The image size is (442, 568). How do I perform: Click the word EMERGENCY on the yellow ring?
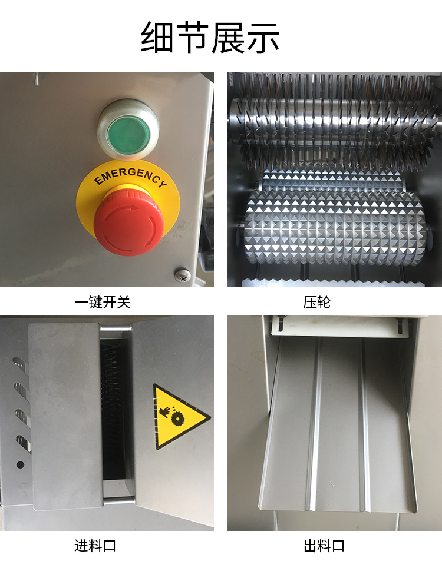pos(130,176)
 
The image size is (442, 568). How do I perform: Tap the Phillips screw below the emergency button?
pos(182,274)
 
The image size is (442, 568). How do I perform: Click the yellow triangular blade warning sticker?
pos(177,417)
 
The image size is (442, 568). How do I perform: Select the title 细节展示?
pos(210,37)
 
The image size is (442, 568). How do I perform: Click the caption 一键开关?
pos(103,302)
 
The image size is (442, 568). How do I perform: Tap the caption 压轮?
pos(317,302)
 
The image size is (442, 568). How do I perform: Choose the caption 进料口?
pos(95,546)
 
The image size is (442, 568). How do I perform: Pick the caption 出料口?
pos(324,546)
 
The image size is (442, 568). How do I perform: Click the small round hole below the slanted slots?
pos(20,464)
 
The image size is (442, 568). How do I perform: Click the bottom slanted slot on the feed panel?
pos(24,443)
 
